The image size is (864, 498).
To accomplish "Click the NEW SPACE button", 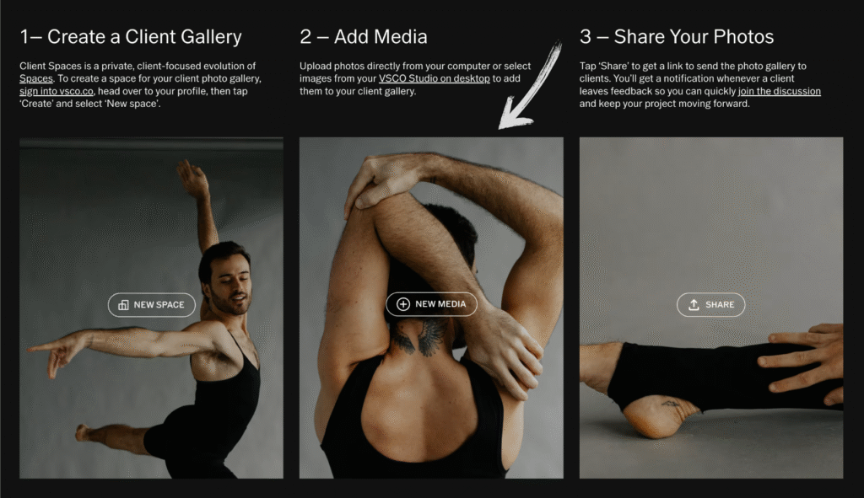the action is click(152, 305).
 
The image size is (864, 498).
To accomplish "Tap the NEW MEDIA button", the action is click(431, 304).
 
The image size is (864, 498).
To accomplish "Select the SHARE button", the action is click(710, 305).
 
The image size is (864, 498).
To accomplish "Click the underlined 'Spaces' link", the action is click(36, 78).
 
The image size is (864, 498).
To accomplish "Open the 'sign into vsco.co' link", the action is click(57, 91).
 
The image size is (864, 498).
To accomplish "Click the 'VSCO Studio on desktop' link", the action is click(435, 78).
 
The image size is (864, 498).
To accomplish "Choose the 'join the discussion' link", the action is click(779, 91).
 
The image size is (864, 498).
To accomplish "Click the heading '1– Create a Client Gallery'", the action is click(131, 37).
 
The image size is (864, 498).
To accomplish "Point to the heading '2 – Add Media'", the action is click(364, 37).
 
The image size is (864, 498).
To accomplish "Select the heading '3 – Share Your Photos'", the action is click(677, 37).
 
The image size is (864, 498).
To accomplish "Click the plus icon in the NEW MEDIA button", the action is click(403, 304).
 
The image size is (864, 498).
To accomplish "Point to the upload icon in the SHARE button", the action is click(694, 305).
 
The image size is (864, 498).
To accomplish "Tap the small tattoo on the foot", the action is click(672, 404).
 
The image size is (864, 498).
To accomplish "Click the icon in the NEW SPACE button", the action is click(123, 305).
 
